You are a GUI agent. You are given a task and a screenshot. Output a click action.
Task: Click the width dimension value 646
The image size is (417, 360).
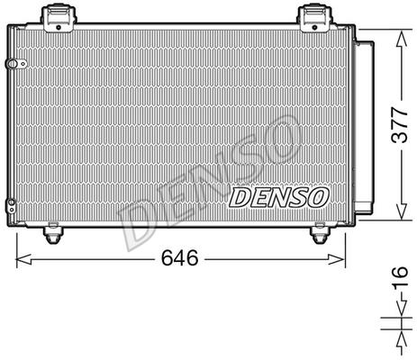(180, 258)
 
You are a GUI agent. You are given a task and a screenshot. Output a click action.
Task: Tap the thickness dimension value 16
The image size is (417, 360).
(401, 278)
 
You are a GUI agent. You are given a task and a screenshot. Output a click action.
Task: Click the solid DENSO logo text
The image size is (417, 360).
(278, 197)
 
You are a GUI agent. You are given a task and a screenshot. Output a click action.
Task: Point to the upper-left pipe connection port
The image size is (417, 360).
(16, 64)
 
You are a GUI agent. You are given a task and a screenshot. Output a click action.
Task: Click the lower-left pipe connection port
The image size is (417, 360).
(12, 206)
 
